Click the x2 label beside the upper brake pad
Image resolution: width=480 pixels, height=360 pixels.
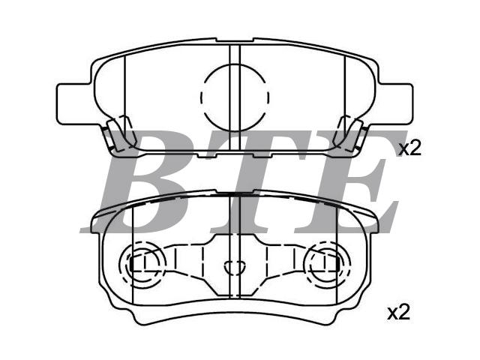tap(410, 148)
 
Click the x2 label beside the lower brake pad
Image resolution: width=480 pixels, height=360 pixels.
tap(398, 313)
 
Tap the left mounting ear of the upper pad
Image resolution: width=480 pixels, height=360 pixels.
tap(74, 104)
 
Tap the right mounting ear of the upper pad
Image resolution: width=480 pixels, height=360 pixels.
tap(396, 104)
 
